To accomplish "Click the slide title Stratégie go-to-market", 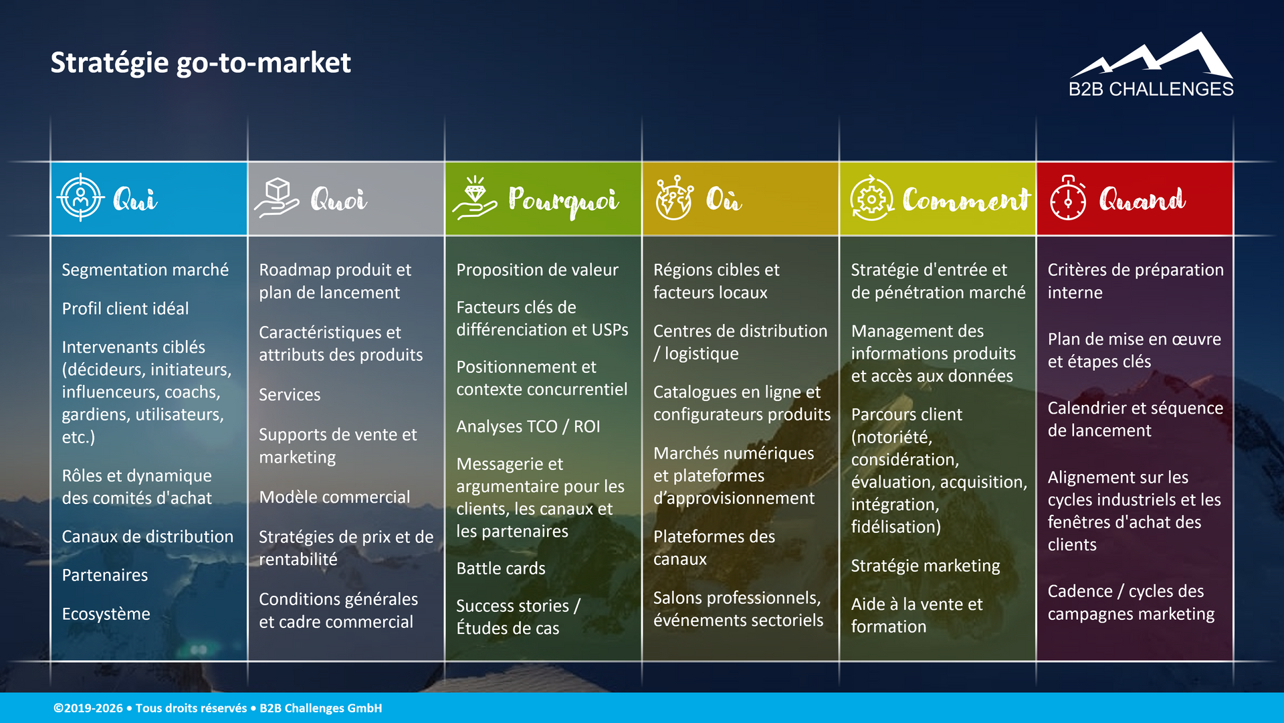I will (x=201, y=63).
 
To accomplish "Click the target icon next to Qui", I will (x=81, y=198).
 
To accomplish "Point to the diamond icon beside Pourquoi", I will (x=475, y=198).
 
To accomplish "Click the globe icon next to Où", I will (x=673, y=198).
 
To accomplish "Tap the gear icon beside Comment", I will (x=871, y=198).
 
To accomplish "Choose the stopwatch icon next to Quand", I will (x=1068, y=198).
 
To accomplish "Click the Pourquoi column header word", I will (x=563, y=199).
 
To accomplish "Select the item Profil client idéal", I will (x=125, y=309).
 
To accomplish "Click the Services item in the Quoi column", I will (x=290, y=395).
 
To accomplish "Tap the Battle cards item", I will (x=501, y=568).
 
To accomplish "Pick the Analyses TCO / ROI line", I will (x=528, y=426).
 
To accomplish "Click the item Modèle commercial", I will (x=334, y=497).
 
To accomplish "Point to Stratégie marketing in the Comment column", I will (x=926, y=566).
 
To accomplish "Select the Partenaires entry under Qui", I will (x=105, y=575).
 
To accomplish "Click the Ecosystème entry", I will (x=106, y=614).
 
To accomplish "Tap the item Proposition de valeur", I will (x=537, y=270).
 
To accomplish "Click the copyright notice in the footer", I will (x=218, y=708).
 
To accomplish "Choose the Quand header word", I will (x=1142, y=199).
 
